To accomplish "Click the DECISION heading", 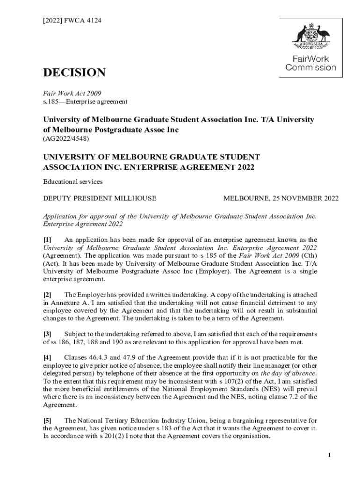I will coord(74,73).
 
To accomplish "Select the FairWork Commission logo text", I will coord(311,63).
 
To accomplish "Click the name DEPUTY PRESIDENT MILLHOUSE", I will coord(100,198).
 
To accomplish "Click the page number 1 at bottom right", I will coord(330,455).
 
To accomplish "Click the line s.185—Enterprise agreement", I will coord(85,101).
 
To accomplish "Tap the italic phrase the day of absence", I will coord(288,373).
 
